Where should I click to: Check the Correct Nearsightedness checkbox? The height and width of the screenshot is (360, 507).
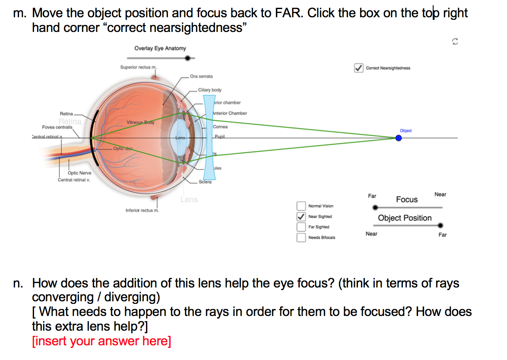[x=358, y=68]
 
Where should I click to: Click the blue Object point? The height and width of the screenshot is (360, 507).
[x=398, y=138]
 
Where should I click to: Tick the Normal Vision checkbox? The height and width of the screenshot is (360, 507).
[x=301, y=206]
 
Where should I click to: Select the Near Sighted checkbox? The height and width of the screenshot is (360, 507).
[x=301, y=217]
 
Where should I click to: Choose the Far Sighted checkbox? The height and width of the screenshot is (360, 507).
[x=301, y=227]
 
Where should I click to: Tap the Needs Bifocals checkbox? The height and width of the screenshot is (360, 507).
[x=301, y=237]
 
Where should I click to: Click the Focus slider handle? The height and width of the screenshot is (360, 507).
[x=375, y=208]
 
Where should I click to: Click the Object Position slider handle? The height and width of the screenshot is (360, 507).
[x=440, y=225]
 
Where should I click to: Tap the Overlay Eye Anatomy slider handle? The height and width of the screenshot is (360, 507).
[x=187, y=58]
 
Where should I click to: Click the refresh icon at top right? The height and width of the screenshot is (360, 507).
[x=454, y=41]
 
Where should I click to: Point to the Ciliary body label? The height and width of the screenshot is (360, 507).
[x=210, y=90]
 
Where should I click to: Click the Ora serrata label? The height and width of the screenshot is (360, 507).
[x=201, y=76]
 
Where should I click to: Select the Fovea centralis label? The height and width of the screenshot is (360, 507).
[x=57, y=127]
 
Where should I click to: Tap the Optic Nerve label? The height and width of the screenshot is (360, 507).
[x=79, y=173]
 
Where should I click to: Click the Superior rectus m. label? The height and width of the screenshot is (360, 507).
[x=138, y=67]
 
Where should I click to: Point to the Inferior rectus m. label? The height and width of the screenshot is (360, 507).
[x=142, y=211]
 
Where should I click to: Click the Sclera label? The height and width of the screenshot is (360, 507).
[x=205, y=182]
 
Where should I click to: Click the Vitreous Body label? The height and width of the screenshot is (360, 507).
[x=140, y=123]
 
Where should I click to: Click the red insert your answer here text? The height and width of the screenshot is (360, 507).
[x=101, y=341]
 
